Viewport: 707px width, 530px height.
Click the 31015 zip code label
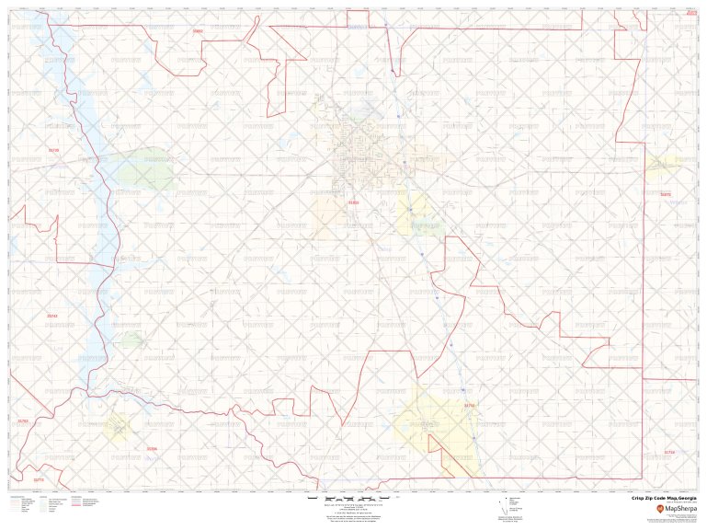(x=354, y=202)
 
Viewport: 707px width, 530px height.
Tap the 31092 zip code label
(x=197, y=31)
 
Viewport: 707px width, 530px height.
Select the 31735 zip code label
(x=53, y=150)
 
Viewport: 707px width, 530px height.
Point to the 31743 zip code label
(x=52, y=316)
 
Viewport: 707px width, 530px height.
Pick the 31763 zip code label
(x=23, y=421)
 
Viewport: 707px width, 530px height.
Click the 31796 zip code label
(x=152, y=449)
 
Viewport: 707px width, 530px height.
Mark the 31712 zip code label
(x=469, y=406)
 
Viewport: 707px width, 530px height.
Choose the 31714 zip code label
(x=669, y=452)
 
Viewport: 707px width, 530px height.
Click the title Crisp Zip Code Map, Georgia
(x=664, y=497)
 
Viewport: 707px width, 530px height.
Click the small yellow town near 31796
(x=117, y=426)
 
